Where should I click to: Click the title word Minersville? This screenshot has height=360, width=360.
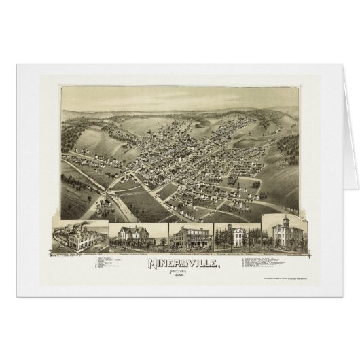pos(180,262)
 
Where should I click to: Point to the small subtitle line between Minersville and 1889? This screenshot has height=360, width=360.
pos(180,270)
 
